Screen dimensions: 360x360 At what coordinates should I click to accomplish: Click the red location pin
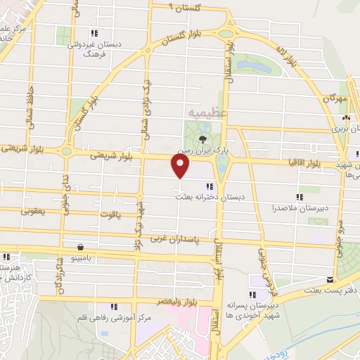pos(181,167)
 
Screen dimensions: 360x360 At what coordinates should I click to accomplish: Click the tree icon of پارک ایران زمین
pos(203,138)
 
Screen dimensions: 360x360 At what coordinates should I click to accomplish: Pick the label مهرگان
pos(336,99)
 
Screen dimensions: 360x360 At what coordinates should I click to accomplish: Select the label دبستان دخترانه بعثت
pos(208,198)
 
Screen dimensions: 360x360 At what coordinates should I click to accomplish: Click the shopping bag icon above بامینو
pos(82,247)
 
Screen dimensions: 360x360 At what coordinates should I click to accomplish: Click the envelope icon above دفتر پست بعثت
pos(330,279)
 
